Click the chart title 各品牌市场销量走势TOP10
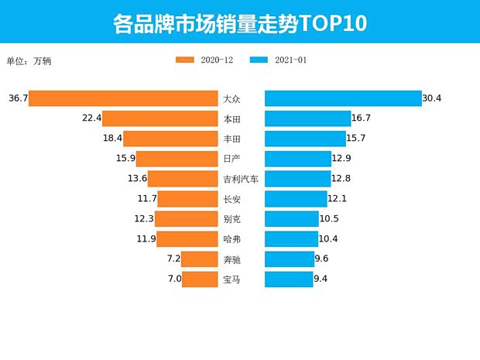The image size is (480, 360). pos(239,22)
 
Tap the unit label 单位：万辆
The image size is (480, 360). pos(29,61)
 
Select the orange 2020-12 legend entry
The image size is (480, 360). pos(205,60)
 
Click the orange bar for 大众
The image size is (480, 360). pos(123,98)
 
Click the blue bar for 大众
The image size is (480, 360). pos(343,98)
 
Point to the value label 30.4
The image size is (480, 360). pos(432,98)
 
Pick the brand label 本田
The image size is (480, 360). pos(231,118)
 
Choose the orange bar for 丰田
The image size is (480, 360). pos(170,139)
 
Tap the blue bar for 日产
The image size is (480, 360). pos(298,159)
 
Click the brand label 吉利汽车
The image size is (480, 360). pos(241,179)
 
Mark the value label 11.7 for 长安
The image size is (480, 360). pos(146,199)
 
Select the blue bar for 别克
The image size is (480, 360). pos(292,219)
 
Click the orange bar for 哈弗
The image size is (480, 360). pos(187,239)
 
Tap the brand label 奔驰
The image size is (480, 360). pos(231,259)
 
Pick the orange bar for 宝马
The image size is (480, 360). pos(200,279)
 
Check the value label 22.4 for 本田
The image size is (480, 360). pos(91,118)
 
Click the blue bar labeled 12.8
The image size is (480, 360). pos(298,179)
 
